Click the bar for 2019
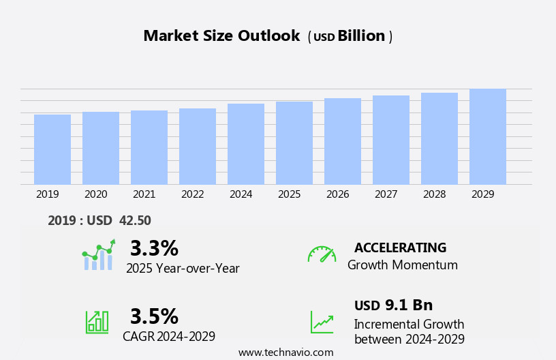pyautogui.click(x=52, y=149)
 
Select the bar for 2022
pyautogui.click(x=198, y=146)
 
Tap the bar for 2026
pyautogui.click(x=343, y=141)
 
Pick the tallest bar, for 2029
pyautogui.click(x=488, y=136)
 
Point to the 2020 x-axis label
pyautogui.click(x=96, y=194)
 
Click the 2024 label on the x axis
pyautogui.click(x=241, y=194)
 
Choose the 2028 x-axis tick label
pyautogui.click(x=435, y=194)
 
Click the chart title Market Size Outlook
pyautogui.click(x=221, y=36)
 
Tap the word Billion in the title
pyautogui.click(x=361, y=36)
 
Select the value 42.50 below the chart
pyautogui.click(x=135, y=220)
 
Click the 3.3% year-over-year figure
pyautogui.click(x=154, y=248)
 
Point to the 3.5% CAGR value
pyautogui.click(x=154, y=316)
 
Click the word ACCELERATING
pyautogui.click(x=401, y=247)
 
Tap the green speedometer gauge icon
pyautogui.click(x=322, y=254)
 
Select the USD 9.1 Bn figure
pyautogui.click(x=394, y=305)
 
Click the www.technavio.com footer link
pyautogui.click(x=285, y=352)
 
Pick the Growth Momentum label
pyautogui.click(x=403, y=265)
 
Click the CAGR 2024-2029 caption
pyautogui.click(x=169, y=336)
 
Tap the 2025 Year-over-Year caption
pyautogui.click(x=183, y=269)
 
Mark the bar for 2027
pyautogui.click(x=391, y=140)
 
